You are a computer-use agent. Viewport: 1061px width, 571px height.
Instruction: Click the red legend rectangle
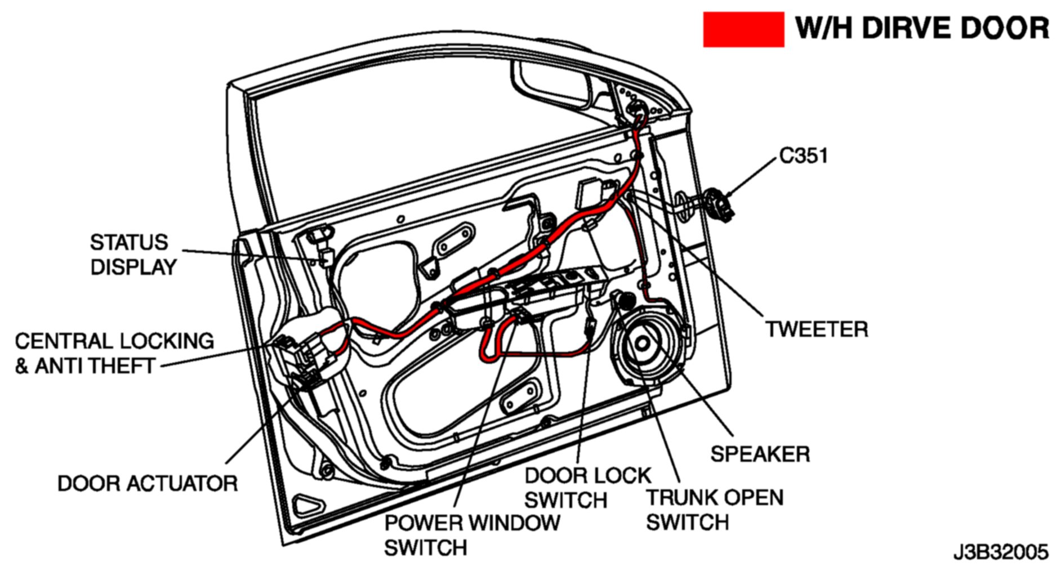[x=743, y=29]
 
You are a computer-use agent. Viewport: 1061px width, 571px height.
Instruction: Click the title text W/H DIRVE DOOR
[x=922, y=28]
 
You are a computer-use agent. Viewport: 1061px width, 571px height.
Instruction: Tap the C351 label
[x=803, y=156]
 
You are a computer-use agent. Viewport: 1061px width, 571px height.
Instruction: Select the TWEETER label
[x=817, y=329]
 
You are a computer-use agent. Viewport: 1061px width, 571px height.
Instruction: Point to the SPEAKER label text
[x=760, y=454]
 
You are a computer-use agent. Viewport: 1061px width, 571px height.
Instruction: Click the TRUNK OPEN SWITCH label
[x=714, y=510]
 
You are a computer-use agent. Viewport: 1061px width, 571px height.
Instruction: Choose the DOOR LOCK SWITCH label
[x=587, y=488]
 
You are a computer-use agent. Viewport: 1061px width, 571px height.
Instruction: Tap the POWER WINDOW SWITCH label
[x=472, y=535]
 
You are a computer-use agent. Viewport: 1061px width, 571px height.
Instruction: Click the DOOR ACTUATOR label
[x=148, y=484]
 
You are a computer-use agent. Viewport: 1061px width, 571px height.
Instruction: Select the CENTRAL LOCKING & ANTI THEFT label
[x=114, y=354]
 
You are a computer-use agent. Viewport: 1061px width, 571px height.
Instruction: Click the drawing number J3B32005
[x=1001, y=552]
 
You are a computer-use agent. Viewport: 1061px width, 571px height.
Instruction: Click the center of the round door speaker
[x=642, y=344]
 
